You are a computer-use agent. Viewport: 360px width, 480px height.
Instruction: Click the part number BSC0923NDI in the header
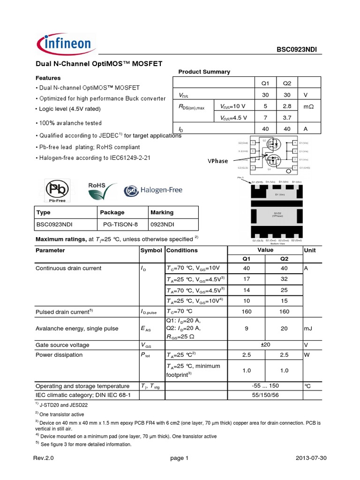point(300,50)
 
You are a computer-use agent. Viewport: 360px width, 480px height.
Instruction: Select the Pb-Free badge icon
point(55,190)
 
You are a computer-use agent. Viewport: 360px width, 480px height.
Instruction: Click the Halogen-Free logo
point(153,190)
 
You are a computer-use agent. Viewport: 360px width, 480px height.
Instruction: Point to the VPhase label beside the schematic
point(217,161)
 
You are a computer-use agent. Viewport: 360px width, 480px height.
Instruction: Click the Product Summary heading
point(204,72)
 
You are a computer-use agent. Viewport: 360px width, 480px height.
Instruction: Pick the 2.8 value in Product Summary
point(287,106)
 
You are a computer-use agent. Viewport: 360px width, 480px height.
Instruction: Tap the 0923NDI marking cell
point(163,225)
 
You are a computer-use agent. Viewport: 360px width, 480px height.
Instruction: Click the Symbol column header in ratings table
point(151,250)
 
